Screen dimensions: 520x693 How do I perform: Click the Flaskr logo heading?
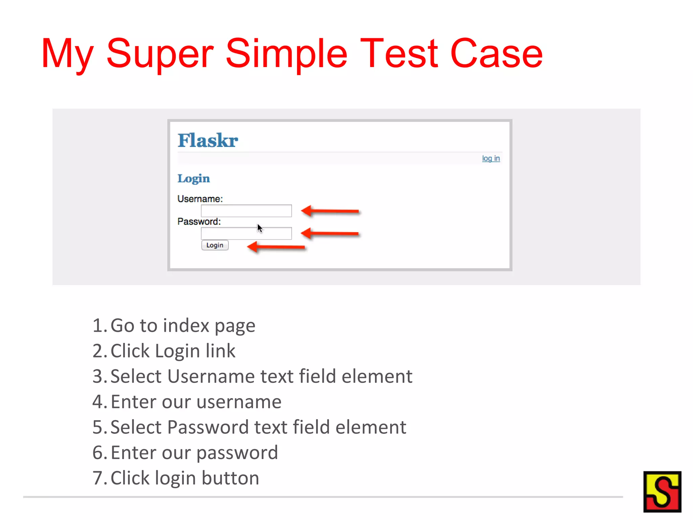click(x=207, y=140)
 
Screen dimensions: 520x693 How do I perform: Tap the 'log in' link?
click(x=491, y=158)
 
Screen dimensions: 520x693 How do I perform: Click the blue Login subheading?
click(x=193, y=178)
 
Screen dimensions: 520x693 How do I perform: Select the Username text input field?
click(x=246, y=211)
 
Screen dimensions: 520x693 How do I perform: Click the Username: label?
click(x=200, y=199)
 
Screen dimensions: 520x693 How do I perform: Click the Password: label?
click(x=199, y=221)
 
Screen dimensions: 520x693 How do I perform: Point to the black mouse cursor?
click(x=260, y=228)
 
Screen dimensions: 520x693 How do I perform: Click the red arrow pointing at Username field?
click(x=330, y=211)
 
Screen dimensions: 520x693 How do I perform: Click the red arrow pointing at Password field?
click(x=330, y=233)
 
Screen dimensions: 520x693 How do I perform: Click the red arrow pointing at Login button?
click(x=276, y=247)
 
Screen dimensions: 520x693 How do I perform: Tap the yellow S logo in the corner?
click(x=662, y=492)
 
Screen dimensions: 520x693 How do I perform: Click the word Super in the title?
click(x=160, y=54)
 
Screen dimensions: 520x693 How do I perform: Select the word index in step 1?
click(x=186, y=326)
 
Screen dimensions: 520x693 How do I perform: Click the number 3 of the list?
click(x=97, y=376)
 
